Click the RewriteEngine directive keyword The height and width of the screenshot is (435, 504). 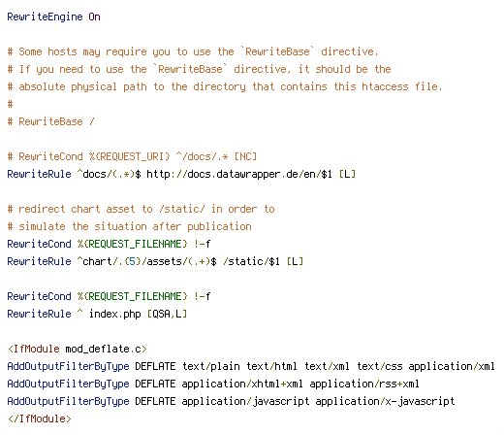point(45,17)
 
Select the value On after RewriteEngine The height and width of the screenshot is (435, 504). point(94,17)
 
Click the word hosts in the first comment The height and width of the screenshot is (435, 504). point(62,51)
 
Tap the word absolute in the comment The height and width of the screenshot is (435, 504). point(42,86)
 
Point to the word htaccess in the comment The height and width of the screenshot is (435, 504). point(385,86)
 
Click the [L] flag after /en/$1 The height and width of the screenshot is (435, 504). point(347,174)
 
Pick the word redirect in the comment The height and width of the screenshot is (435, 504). point(42,209)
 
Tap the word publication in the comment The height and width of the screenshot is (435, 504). point(219,226)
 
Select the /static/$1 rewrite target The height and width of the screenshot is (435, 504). point(251,261)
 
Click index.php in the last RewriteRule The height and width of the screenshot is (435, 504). point(114,314)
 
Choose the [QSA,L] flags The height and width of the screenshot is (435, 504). point(167,314)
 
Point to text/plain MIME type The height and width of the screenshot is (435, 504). point(211,366)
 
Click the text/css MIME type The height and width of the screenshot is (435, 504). point(380,366)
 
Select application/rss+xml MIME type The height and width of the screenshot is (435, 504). point(364,384)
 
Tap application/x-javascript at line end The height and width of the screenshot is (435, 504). point(385,401)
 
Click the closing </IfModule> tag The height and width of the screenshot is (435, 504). point(39,418)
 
